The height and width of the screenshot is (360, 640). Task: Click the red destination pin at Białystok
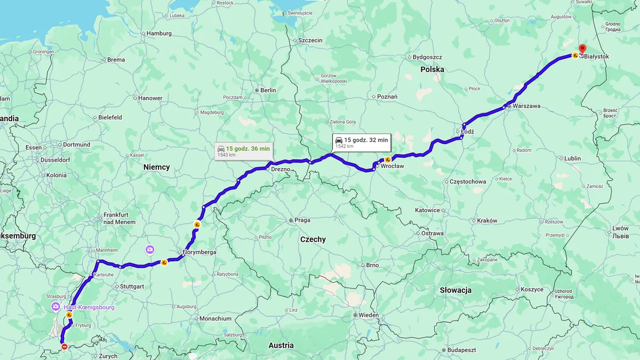(x=582, y=49)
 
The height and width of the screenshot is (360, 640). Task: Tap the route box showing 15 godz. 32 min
(x=362, y=142)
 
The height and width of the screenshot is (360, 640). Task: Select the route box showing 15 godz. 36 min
(x=244, y=151)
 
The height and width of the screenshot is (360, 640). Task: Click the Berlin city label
(x=268, y=90)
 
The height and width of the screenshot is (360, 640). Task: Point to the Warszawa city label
(x=526, y=106)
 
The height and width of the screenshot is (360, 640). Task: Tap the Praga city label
(x=302, y=220)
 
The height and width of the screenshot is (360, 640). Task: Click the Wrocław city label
(x=392, y=166)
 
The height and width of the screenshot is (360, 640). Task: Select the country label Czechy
(x=313, y=239)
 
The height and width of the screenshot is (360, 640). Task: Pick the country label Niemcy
(x=156, y=167)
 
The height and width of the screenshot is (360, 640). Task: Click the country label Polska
(x=432, y=69)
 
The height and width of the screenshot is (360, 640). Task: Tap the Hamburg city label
(x=159, y=33)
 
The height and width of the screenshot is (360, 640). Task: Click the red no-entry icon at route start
(x=65, y=347)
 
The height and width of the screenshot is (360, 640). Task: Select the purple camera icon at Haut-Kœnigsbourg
(x=55, y=307)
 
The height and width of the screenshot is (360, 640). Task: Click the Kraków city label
(x=487, y=220)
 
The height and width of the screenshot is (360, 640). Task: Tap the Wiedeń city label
(x=369, y=315)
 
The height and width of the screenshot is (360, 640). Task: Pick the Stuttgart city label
(x=132, y=286)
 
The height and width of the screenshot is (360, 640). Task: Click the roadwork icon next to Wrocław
(x=388, y=159)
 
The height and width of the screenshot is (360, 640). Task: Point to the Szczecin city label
(x=310, y=41)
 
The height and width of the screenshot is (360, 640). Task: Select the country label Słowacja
(x=455, y=290)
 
